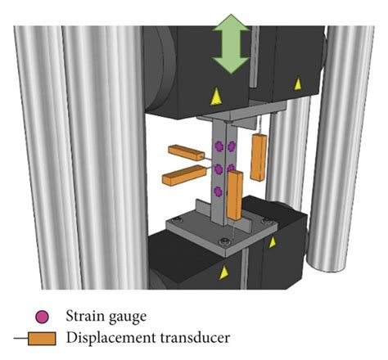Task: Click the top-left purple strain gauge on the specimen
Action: [219, 146]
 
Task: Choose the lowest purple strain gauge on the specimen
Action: [219, 191]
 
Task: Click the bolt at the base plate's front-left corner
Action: [222, 239]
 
